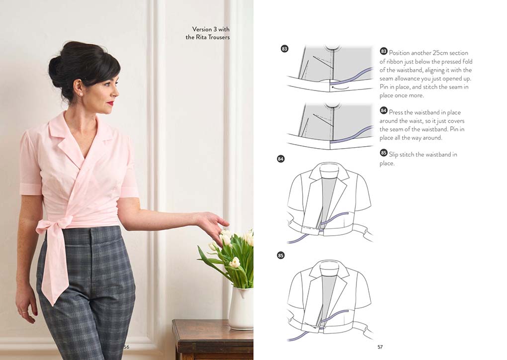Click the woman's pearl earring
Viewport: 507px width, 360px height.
81,94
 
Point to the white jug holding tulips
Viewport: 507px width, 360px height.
241,309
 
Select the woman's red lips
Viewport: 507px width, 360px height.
111,103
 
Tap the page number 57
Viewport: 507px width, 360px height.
380,347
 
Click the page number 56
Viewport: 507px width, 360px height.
126,347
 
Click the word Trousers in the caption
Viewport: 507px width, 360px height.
219,37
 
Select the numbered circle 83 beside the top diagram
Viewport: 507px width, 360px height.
284,49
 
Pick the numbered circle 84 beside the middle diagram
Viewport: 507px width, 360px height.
281,159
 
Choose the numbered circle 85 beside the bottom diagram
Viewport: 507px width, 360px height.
281,255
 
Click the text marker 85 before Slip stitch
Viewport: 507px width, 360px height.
384,153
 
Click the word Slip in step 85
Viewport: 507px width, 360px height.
394,155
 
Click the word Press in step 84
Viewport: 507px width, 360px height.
396,112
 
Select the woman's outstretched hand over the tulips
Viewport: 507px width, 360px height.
213,225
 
